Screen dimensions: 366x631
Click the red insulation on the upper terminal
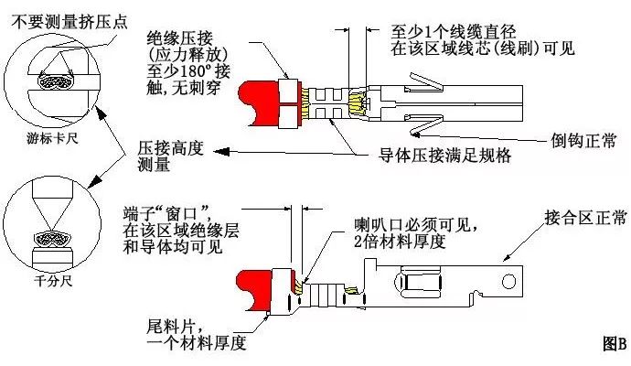(x=260, y=100)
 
